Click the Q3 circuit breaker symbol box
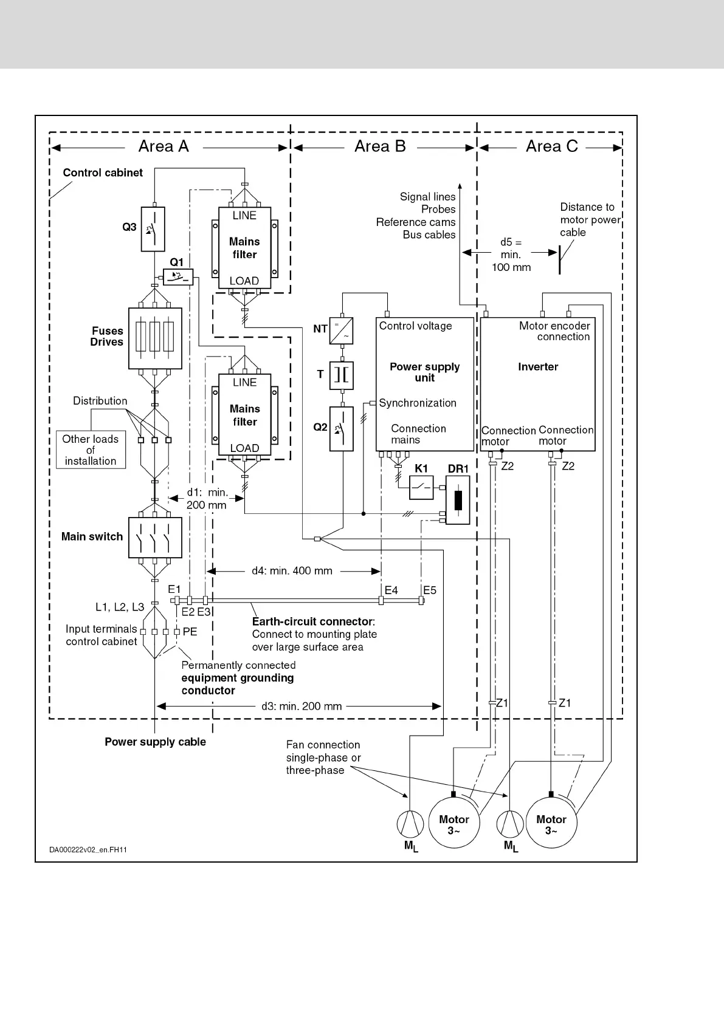[153, 229]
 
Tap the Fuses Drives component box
[156, 338]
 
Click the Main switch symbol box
[156, 538]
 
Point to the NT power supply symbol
[342, 330]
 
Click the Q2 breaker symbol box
[342, 429]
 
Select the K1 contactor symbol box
[421, 487]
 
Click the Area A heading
[164, 146]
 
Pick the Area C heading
[551, 146]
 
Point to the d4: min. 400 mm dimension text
[292, 571]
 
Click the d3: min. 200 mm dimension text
[302, 706]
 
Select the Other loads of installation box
[91, 450]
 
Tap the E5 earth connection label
[430, 590]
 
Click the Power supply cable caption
[155, 742]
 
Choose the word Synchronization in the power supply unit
[418, 403]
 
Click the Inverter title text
[538, 367]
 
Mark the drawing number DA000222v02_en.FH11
[88, 849]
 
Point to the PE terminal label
[190, 632]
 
